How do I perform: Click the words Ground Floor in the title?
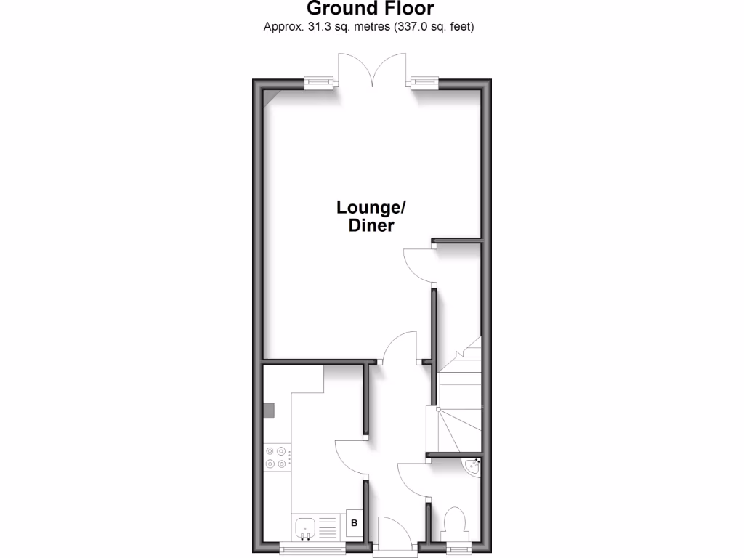(x=371, y=9)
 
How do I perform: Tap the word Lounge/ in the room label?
(x=371, y=208)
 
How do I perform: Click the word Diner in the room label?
(x=371, y=226)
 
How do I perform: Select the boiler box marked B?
(x=355, y=522)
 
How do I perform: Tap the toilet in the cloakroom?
(x=456, y=522)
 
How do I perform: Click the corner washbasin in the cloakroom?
(x=472, y=466)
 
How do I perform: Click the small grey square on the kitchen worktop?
(x=269, y=411)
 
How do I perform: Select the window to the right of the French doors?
(x=424, y=83)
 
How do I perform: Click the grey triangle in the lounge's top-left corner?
(x=269, y=94)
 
